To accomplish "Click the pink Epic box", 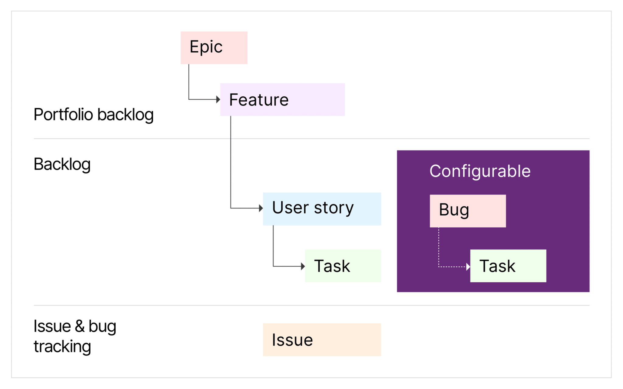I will pos(214,48).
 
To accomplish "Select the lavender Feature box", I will pos(282,99).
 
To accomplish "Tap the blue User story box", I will pos(322,209).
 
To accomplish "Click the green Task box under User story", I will pos(343,266).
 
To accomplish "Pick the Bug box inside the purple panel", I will pos(468,211).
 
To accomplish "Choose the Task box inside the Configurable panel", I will pos(508,266).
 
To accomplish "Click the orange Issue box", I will pos(322,339).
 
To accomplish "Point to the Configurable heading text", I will pos(480,171).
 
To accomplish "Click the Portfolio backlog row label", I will pos(93,115).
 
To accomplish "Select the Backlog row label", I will pos(62,164).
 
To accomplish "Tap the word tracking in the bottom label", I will pos(62,346).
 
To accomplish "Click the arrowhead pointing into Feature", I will pos(218,99).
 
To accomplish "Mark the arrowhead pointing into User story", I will pos(261,208).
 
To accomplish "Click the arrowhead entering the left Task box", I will pos(303,267).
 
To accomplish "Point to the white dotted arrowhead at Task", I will pos(468,267).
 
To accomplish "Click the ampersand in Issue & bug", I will pos(80,326).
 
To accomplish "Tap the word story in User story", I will pos(334,208).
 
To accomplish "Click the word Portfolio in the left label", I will pos(63,115).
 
